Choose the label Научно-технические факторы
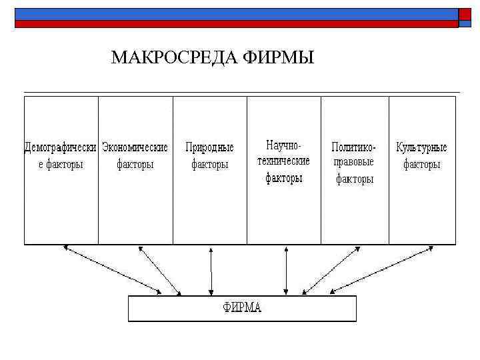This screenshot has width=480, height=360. [284, 161]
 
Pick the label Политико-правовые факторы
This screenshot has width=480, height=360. [354, 162]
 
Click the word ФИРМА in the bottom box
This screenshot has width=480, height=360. [242, 308]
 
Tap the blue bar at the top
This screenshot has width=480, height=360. [233, 13]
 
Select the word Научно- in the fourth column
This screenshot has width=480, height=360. [284, 145]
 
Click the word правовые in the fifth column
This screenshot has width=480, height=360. [354, 162]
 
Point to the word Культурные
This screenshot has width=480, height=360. [421, 147]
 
